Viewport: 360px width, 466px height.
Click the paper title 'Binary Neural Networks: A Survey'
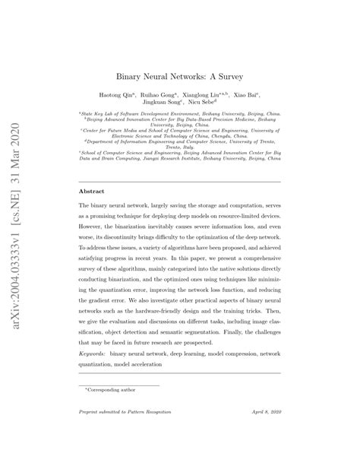[179, 76]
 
